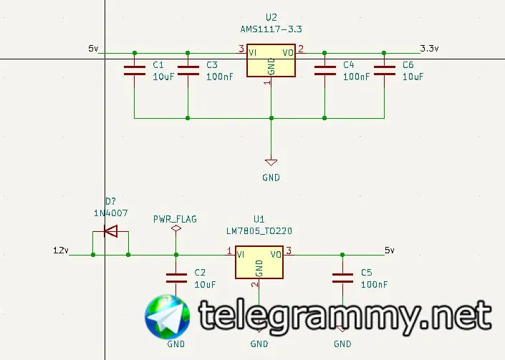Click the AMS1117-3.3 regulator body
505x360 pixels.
[271, 62]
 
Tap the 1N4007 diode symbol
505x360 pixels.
[110, 231]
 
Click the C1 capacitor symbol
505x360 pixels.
[134, 69]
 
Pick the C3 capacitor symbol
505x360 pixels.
[188, 69]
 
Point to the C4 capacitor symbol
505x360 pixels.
[324, 69]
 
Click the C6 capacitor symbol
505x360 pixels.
[384, 69]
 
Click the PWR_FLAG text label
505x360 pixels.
[175, 218]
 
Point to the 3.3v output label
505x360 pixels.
[429, 49]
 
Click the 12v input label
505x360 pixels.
[60, 250]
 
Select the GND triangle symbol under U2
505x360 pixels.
[271, 162]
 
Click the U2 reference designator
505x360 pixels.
[271, 16]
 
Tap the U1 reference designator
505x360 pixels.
[259, 219]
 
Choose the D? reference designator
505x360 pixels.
[110, 201]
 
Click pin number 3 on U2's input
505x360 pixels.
[241, 49]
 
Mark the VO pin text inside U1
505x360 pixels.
[275, 254]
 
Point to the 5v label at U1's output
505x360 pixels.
[389, 250]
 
